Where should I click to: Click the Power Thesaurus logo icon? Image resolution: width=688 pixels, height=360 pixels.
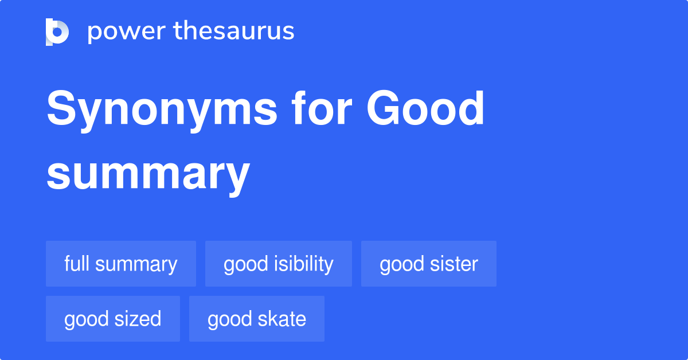[x=57, y=32]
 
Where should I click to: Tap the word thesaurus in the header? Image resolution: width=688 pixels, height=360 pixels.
[x=234, y=32]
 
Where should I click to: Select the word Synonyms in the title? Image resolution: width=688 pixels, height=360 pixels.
[x=162, y=110]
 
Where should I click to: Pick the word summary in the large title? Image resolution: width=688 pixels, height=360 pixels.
[x=148, y=174]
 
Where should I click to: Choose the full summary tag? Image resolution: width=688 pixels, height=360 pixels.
[x=121, y=264]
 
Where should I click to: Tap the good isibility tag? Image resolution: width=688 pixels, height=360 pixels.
[x=279, y=264]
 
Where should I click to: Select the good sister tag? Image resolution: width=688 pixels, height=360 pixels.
[x=429, y=264]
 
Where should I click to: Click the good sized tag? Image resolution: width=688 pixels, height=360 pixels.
[x=113, y=319]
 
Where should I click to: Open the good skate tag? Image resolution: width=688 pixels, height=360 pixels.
[x=257, y=319]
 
